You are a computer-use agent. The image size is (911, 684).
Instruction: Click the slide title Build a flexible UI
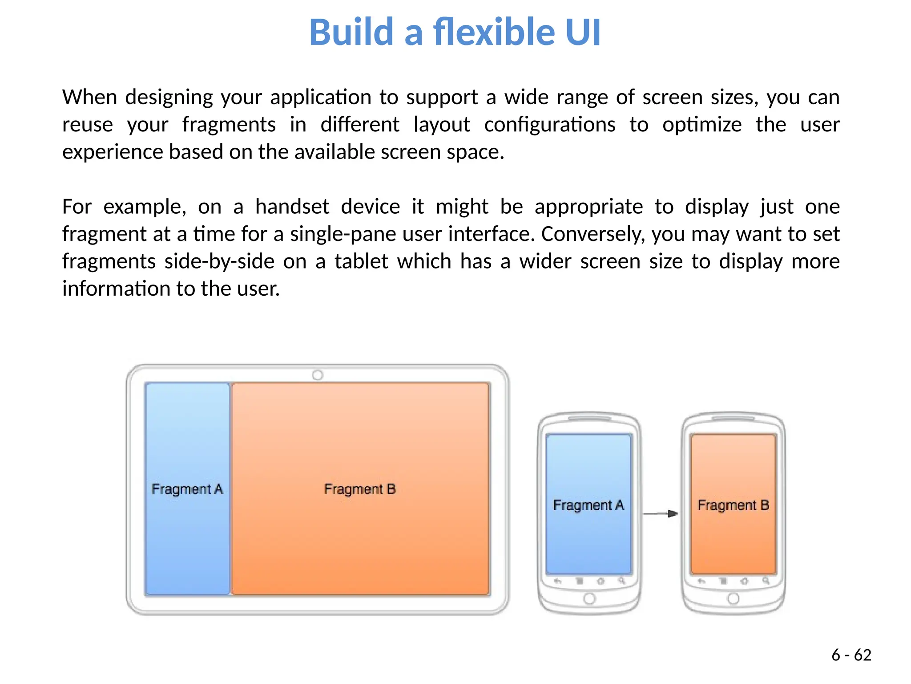pyautogui.click(x=455, y=32)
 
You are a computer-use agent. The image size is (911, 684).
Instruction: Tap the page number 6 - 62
pyautogui.click(x=851, y=655)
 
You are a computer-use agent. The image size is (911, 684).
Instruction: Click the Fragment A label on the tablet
pyautogui.click(x=187, y=489)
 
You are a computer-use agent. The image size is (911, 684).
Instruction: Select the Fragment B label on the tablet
pyautogui.click(x=359, y=489)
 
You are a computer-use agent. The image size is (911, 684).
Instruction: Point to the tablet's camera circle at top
pyautogui.click(x=318, y=375)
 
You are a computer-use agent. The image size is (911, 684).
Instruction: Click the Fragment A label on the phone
pyautogui.click(x=589, y=505)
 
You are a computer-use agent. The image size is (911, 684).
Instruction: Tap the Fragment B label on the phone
pyautogui.click(x=733, y=505)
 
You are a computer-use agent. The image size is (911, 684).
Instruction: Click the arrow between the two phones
pyautogui.click(x=661, y=514)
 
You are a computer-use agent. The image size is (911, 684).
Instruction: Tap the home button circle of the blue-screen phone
pyautogui.click(x=589, y=598)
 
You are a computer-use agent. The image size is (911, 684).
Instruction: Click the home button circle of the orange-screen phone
pyautogui.click(x=733, y=598)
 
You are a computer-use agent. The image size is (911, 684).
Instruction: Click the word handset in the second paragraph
pyautogui.click(x=292, y=207)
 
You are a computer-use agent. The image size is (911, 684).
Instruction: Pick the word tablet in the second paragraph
pyautogui.click(x=361, y=261)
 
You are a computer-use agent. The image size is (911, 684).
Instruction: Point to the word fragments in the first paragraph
pyautogui.click(x=229, y=124)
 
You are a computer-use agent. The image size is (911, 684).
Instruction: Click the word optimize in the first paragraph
pyautogui.click(x=701, y=124)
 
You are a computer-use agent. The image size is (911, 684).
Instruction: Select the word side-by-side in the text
pyautogui.click(x=219, y=261)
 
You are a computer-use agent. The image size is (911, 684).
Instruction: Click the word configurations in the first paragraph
pyautogui.click(x=549, y=124)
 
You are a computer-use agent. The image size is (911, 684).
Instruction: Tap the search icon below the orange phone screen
pyautogui.click(x=766, y=581)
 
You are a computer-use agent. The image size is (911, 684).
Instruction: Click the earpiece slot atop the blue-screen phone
pyautogui.click(x=589, y=419)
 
